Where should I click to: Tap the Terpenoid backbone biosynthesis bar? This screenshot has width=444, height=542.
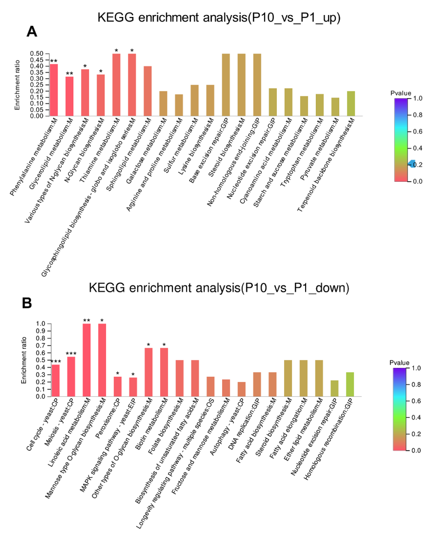pos(351,104)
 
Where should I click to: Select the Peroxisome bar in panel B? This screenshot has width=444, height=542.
pos(117,387)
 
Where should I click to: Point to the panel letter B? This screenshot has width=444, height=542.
pos(27,303)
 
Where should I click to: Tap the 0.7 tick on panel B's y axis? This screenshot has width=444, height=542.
pos(40,346)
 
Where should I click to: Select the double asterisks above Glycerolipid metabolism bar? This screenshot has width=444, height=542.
pos(69,74)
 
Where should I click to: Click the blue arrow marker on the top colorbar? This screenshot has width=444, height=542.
pos(412,164)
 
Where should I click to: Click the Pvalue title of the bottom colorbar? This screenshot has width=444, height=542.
pos(399,363)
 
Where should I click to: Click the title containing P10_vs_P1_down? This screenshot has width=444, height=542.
pos(219,288)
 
